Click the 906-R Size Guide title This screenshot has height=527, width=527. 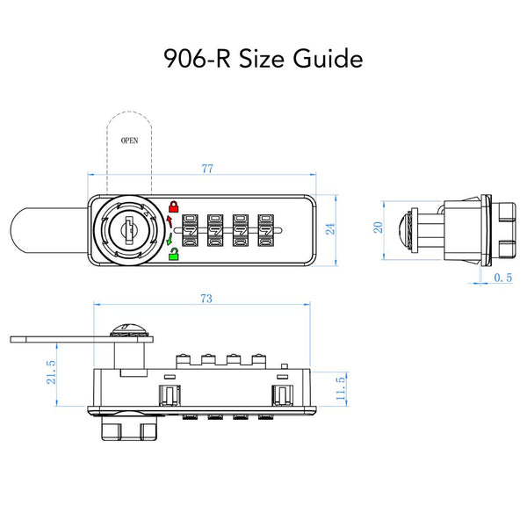pos(263,60)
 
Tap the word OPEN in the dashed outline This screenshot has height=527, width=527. pos(129,140)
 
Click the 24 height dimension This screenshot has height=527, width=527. pos(329,230)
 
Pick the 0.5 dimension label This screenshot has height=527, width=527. pos(503,278)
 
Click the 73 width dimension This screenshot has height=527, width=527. pos(205,299)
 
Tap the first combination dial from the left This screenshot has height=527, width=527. pos(190,232)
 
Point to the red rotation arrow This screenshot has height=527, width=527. pos(168,219)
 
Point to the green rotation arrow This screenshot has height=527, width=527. pos(168,242)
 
